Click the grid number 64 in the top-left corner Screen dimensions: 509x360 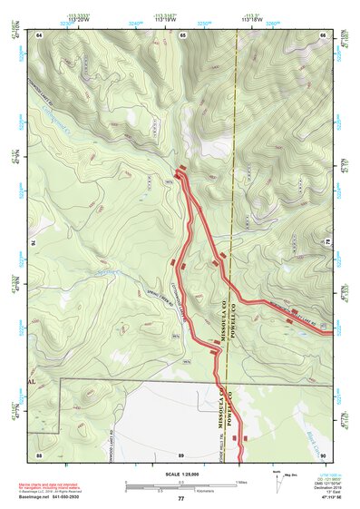[40, 34]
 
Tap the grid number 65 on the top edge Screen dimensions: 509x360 [182, 34]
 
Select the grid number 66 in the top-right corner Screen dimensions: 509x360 [323, 34]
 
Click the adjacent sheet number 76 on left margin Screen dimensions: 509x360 [34, 243]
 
